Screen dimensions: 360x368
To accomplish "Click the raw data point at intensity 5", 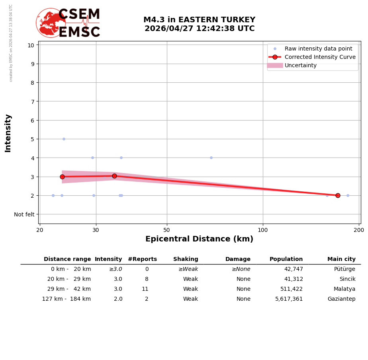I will coord(64,139).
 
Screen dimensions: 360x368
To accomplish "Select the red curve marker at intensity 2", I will coord(338,195).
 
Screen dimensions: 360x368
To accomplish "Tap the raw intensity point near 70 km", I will coord(211,158).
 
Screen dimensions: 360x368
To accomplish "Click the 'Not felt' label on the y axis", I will coord(24,214).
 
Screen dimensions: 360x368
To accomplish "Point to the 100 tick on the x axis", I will coord(263,230).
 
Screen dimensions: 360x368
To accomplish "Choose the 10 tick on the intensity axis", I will coord(31,45).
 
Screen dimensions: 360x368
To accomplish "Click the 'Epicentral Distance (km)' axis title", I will coord(199,239).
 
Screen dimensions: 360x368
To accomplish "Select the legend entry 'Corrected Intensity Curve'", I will coord(320,57).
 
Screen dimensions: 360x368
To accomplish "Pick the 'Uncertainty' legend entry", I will coord(301,65).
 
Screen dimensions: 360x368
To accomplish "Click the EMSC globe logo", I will coord(51,23).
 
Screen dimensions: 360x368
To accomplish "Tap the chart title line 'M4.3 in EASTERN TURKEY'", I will coord(199,20).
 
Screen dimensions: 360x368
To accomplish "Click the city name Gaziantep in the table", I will coord(341,299).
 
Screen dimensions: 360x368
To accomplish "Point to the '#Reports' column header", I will coord(142,259).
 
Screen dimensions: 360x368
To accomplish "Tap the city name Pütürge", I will coord(345,269).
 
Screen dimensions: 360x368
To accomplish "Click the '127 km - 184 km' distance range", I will coord(67,299).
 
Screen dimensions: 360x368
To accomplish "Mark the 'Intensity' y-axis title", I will coord(8,133).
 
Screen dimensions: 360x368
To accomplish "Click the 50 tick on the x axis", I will coord(167,230).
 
